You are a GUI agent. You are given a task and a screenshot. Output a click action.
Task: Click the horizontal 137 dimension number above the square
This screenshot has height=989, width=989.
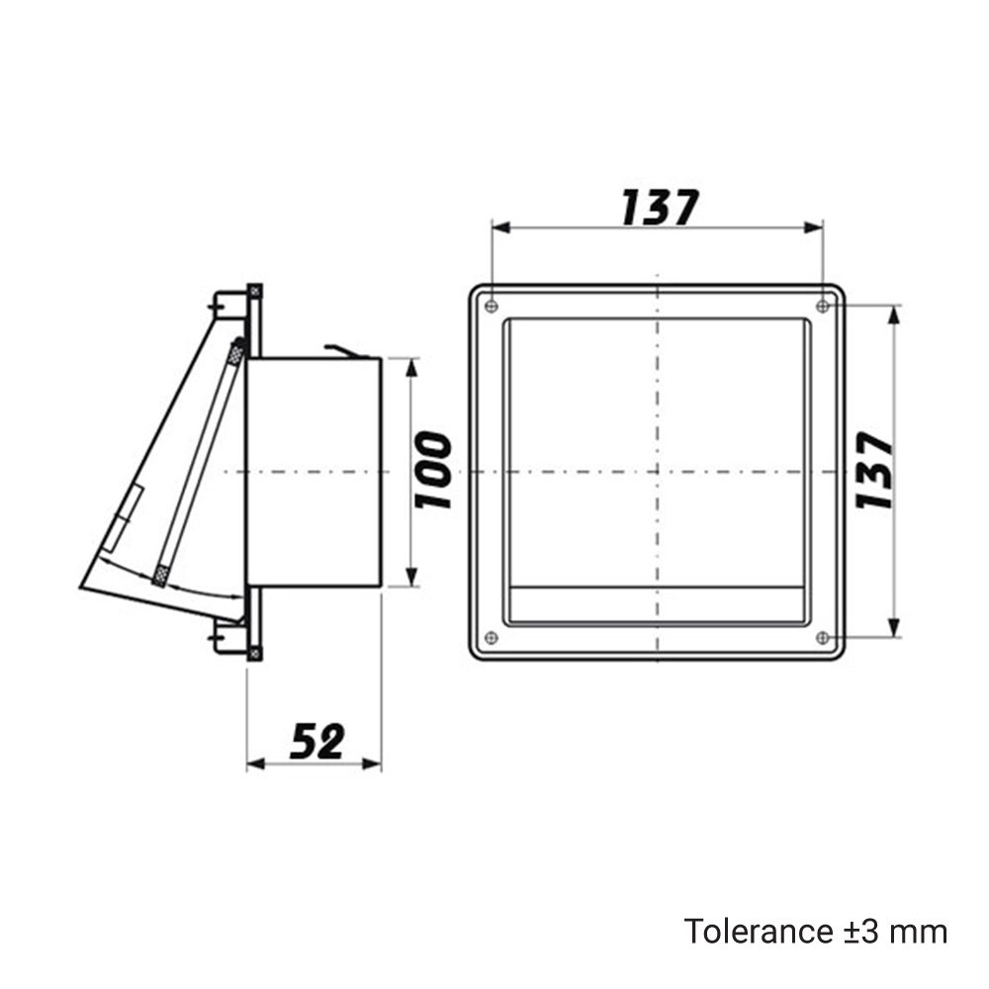[660, 207]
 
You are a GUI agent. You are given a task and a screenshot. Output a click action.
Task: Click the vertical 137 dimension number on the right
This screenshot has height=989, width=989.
[875, 470]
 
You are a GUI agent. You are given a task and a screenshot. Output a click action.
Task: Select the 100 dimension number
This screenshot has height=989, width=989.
[433, 471]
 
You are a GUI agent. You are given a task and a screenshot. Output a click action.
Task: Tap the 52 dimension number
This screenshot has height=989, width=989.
[317, 741]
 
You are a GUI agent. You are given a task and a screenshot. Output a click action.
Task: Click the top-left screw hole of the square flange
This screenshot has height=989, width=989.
[492, 307]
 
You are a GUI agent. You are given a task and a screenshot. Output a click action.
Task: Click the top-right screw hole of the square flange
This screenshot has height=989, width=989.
[823, 307]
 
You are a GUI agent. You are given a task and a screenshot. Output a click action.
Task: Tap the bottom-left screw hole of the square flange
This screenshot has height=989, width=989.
[492, 638]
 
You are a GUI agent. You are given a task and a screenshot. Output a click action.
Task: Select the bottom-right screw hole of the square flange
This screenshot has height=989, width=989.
[823, 638]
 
